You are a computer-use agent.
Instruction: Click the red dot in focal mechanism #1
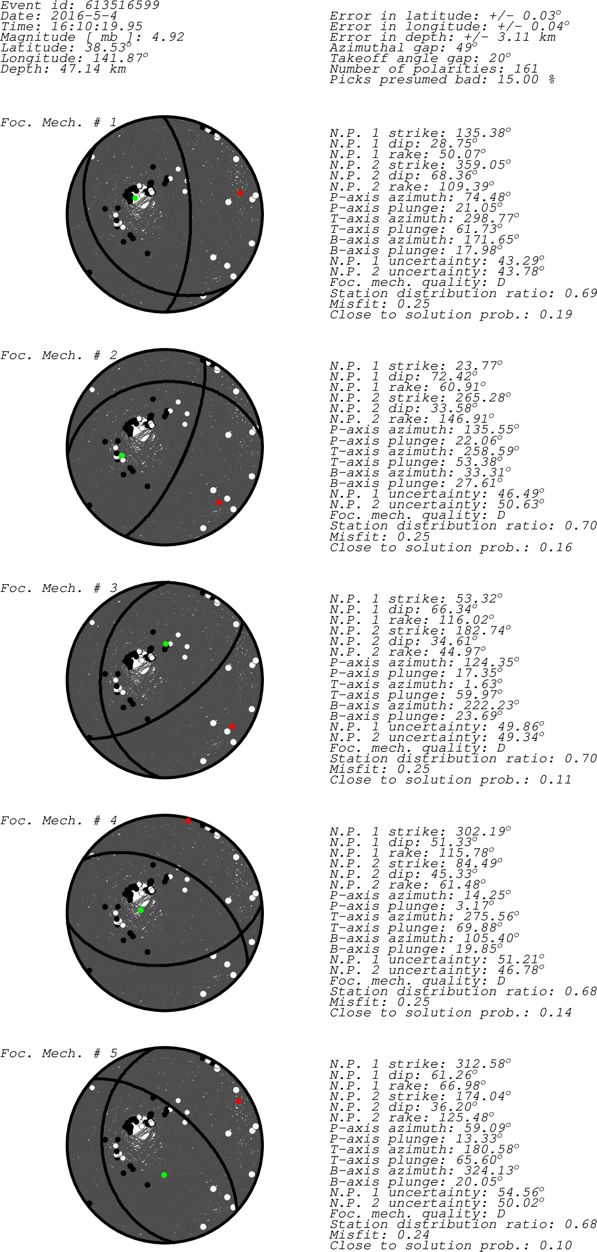pyautogui.click(x=240, y=193)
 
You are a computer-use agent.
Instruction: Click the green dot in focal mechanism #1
pyautogui.click(x=135, y=198)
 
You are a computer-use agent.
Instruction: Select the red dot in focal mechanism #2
pyautogui.click(x=219, y=503)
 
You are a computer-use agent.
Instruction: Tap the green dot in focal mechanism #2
pyautogui.click(x=122, y=456)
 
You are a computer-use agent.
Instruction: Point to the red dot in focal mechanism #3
pyautogui.click(x=232, y=727)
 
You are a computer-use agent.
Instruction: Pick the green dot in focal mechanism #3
pyautogui.click(x=166, y=644)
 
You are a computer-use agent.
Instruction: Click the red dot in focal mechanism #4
pyautogui.click(x=188, y=820)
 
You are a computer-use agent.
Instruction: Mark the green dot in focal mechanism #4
pyautogui.click(x=141, y=910)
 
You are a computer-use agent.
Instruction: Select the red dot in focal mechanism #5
pyautogui.click(x=238, y=1101)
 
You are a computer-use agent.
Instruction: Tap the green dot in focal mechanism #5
pyautogui.click(x=164, y=1175)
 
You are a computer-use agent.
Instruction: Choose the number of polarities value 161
pyautogui.click(x=526, y=69)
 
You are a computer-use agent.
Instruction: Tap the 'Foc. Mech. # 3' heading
pyautogui.click(x=59, y=588)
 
